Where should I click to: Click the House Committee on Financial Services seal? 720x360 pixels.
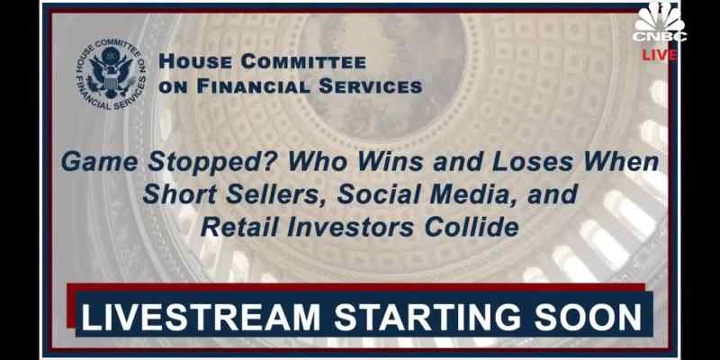pos(111,75)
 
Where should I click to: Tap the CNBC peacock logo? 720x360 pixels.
pos(660,22)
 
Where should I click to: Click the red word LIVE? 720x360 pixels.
pos(660,55)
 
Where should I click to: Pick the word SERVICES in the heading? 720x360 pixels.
pos(371,86)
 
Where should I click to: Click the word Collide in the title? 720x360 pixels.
pos(472,228)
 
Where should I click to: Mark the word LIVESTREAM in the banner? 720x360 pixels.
pos(200,318)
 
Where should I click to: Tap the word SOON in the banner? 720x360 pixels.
pos(589,318)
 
